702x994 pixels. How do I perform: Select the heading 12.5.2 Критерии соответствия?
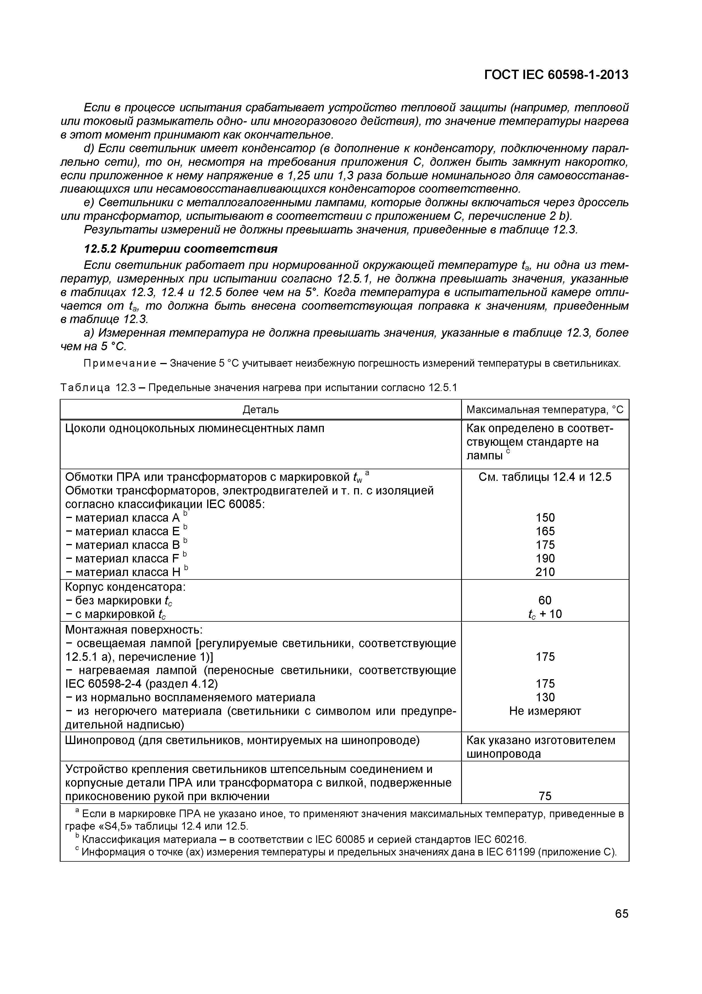180,249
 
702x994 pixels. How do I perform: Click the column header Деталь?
260,409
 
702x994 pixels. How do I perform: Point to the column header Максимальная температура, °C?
545,409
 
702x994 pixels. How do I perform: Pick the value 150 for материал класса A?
545,518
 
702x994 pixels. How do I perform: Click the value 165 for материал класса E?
545,531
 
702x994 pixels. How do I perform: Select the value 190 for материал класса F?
545,558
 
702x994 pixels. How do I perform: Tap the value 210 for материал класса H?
545,572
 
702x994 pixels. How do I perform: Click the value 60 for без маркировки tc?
545,600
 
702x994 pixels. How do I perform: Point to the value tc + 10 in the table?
545,614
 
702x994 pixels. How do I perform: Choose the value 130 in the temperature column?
545,697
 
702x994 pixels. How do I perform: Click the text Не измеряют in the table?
545,711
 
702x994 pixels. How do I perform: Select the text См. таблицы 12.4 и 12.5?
545,477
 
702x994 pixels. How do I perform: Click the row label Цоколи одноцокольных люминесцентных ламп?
195,429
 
